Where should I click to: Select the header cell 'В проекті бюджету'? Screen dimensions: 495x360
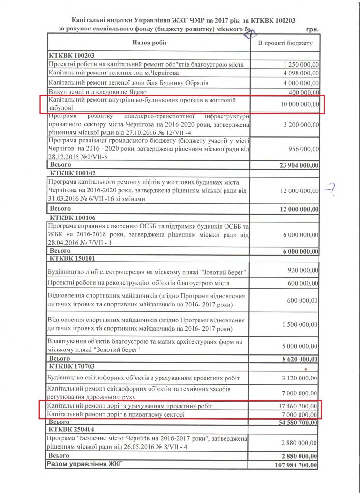pos(285,44)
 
